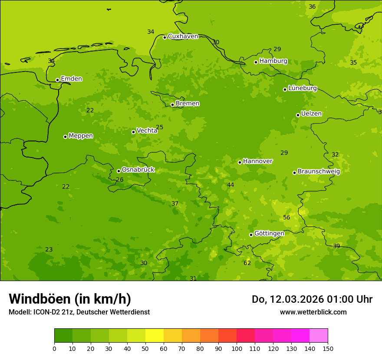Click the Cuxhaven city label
point(183,36)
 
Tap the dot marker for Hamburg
point(256,62)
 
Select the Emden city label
point(71,79)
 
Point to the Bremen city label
point(188,104)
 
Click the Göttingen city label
point(269,234)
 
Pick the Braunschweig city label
point(319,172)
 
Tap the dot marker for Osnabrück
point(119,171)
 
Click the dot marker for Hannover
point(240,162)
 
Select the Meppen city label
point(81,136)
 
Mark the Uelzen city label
point(311,114)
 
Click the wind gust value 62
point(247,263)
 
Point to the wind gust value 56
point(286,218)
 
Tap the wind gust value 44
point(231,185)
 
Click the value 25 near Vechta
point(160,128)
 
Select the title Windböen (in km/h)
point(70,299)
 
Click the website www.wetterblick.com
point(313,312)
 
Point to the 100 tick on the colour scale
point(237,348)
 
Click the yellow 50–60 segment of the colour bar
point(155,335)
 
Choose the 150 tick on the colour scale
point(328,348)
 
